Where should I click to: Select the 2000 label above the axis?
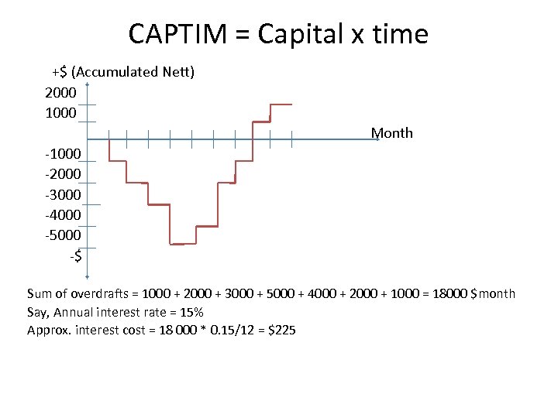click(x=60, y=92)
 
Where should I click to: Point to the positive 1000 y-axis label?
click(x=60, y=112)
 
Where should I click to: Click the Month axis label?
click(x=391, y=132)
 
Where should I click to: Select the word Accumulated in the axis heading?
click(x=115, y=72)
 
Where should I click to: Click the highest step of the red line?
click(x=280, y=104)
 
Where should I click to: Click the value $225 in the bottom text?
click(x=281, y=331)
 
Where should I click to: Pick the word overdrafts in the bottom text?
click(x=103, y=293)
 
